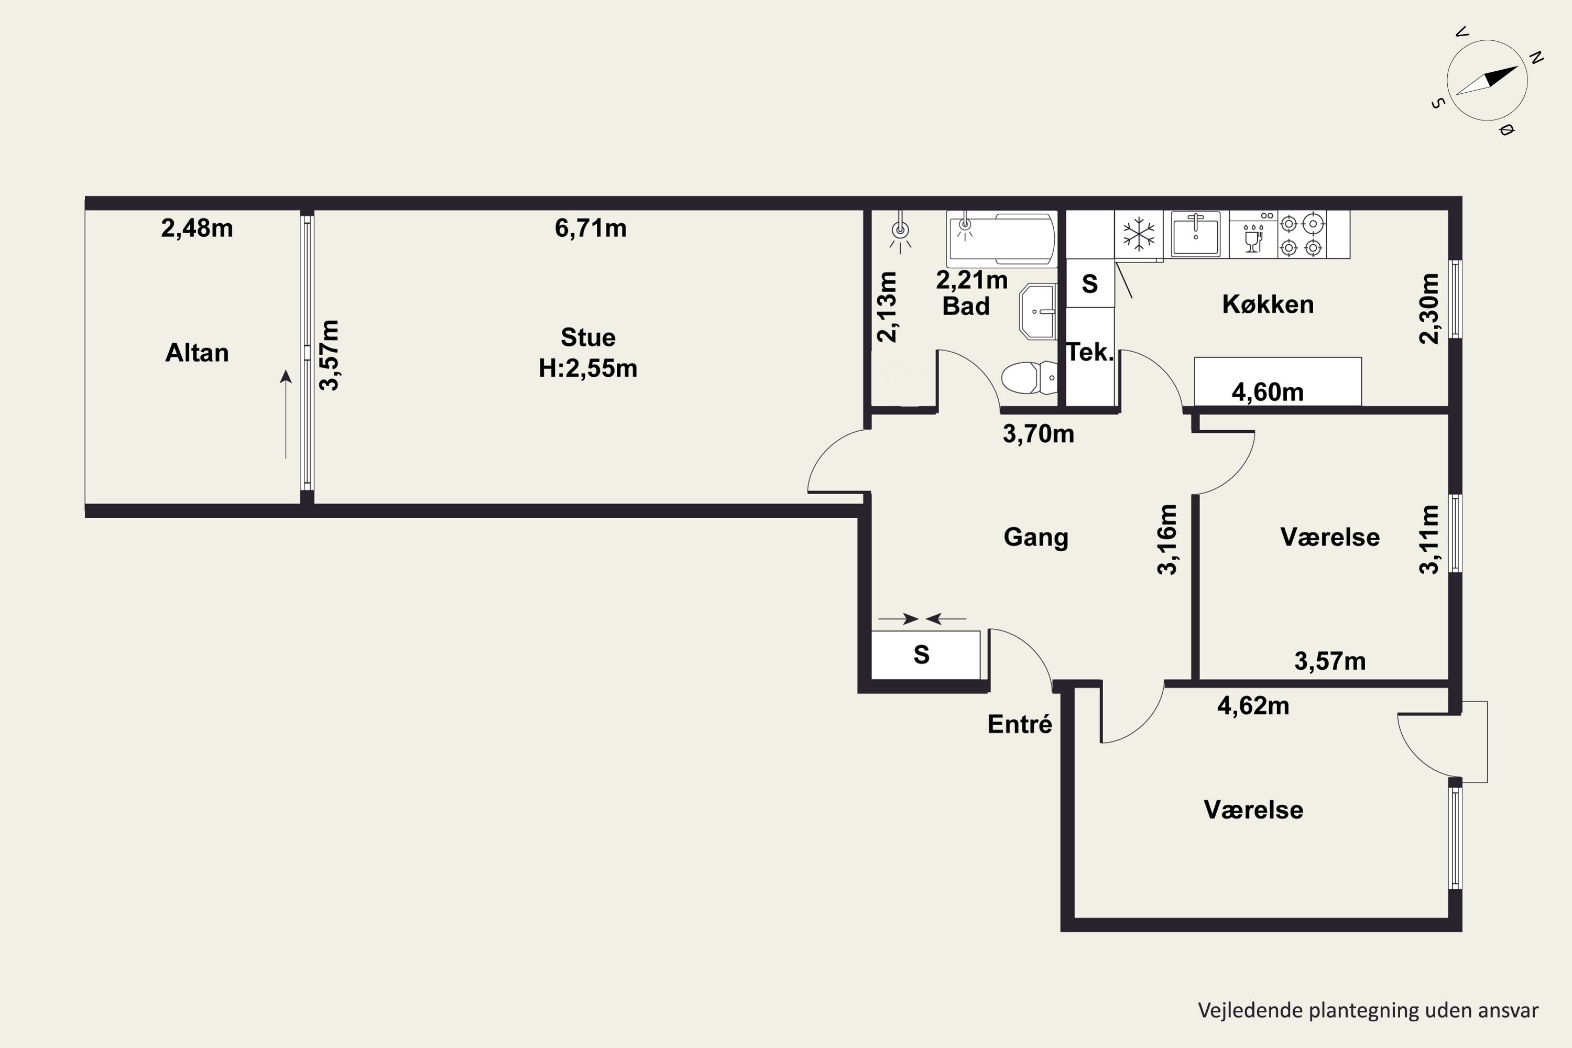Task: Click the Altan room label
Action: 197,352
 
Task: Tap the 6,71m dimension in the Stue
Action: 591,228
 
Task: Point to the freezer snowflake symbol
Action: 1139,235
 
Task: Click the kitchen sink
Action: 1196,234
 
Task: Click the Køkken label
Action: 1268,305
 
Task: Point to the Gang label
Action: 1036,538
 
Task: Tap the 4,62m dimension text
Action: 1253,706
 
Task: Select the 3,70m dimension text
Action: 1039,434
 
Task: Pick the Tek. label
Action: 1089,352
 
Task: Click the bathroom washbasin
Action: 1039,311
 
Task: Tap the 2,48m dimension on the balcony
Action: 197,228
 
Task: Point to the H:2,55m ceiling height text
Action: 588,368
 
